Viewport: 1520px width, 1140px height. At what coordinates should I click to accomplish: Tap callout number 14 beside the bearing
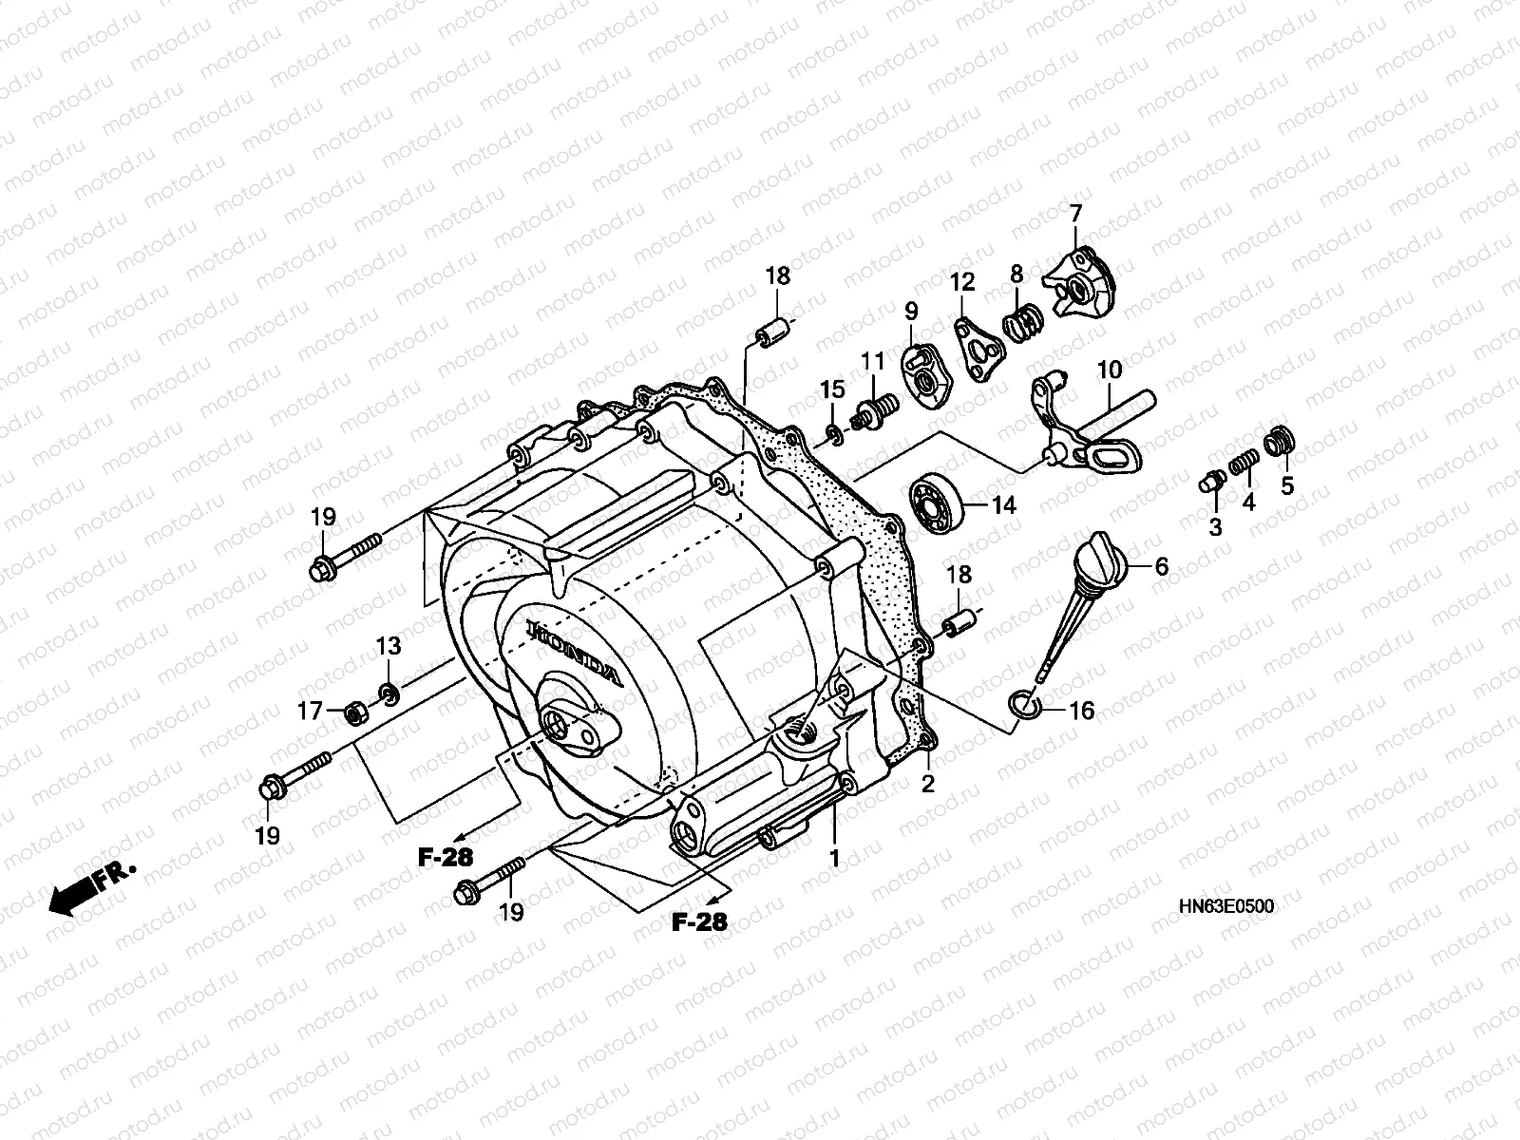point(1003,505)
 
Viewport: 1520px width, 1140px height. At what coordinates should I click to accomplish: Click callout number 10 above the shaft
point(1110,369)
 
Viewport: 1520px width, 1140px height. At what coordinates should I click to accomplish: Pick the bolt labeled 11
point(874,411)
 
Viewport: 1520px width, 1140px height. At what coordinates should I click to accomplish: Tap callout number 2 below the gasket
point(928,785)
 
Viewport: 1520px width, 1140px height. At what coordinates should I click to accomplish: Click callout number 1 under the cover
point(834,859)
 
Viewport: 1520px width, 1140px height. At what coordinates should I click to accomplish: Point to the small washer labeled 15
point(832,436)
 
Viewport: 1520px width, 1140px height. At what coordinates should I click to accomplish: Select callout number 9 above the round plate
point(911,311)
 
